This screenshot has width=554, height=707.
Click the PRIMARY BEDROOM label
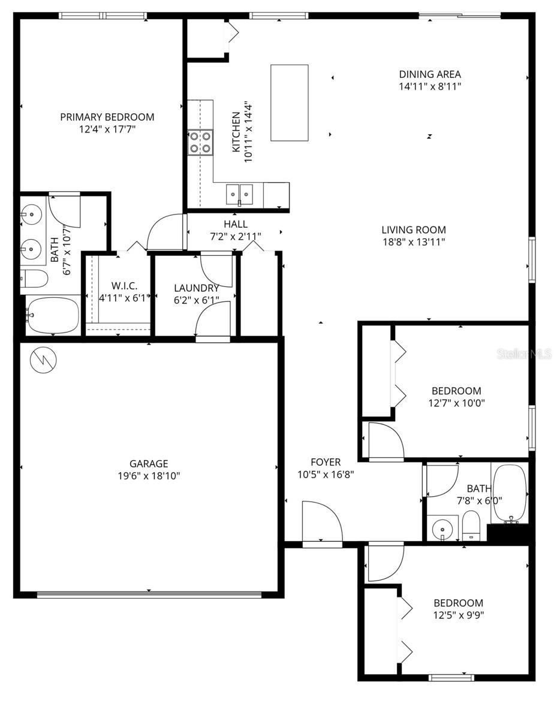click(107, 117)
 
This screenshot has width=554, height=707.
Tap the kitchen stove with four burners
click(200, 143)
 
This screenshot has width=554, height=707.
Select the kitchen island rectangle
click(289, 102)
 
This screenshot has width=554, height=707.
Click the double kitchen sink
click(239, 194)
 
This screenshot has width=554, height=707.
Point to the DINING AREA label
click(430, 74)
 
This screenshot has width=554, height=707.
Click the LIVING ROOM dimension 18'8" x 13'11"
click(414, 242)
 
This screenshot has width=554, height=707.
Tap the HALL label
click(236, 224)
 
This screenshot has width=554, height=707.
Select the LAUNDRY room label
click(196, 288)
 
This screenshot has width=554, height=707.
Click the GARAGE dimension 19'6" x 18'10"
click(149, 476)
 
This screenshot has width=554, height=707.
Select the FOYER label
click(326, 462)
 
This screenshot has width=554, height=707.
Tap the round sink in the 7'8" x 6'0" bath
click(443, 529)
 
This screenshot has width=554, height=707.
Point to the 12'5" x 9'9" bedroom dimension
click(458, 615)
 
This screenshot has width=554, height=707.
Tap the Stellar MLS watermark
click(523, 355)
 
